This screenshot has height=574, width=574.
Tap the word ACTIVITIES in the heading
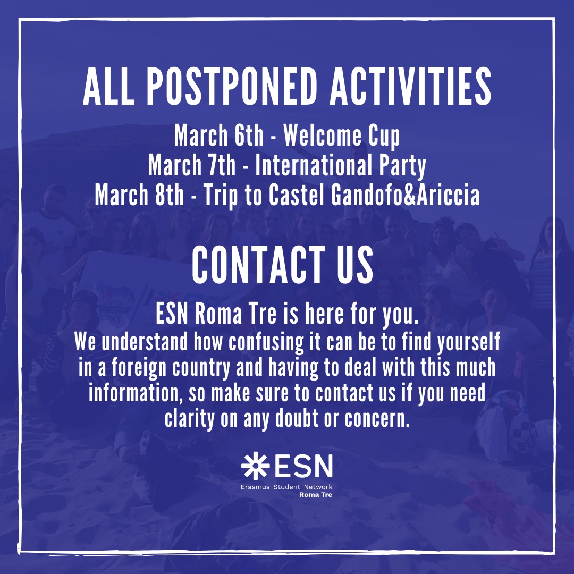point(410,87)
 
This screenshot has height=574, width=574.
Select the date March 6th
point(218,135)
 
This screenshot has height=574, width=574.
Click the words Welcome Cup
point(342,136)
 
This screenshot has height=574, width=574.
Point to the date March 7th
point(192,165)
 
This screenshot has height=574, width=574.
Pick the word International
point(314,165)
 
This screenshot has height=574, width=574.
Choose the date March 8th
point(139,195)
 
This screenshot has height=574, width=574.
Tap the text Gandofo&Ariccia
point(405,195)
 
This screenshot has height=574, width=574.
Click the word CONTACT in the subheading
point(258,265)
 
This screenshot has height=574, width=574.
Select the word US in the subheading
point(354,265)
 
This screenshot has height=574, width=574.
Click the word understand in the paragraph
point(144,342)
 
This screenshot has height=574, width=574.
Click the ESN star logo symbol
point(255,466)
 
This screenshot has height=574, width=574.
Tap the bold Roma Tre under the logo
point(316,495)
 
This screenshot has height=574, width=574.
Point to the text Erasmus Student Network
point(286,487)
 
